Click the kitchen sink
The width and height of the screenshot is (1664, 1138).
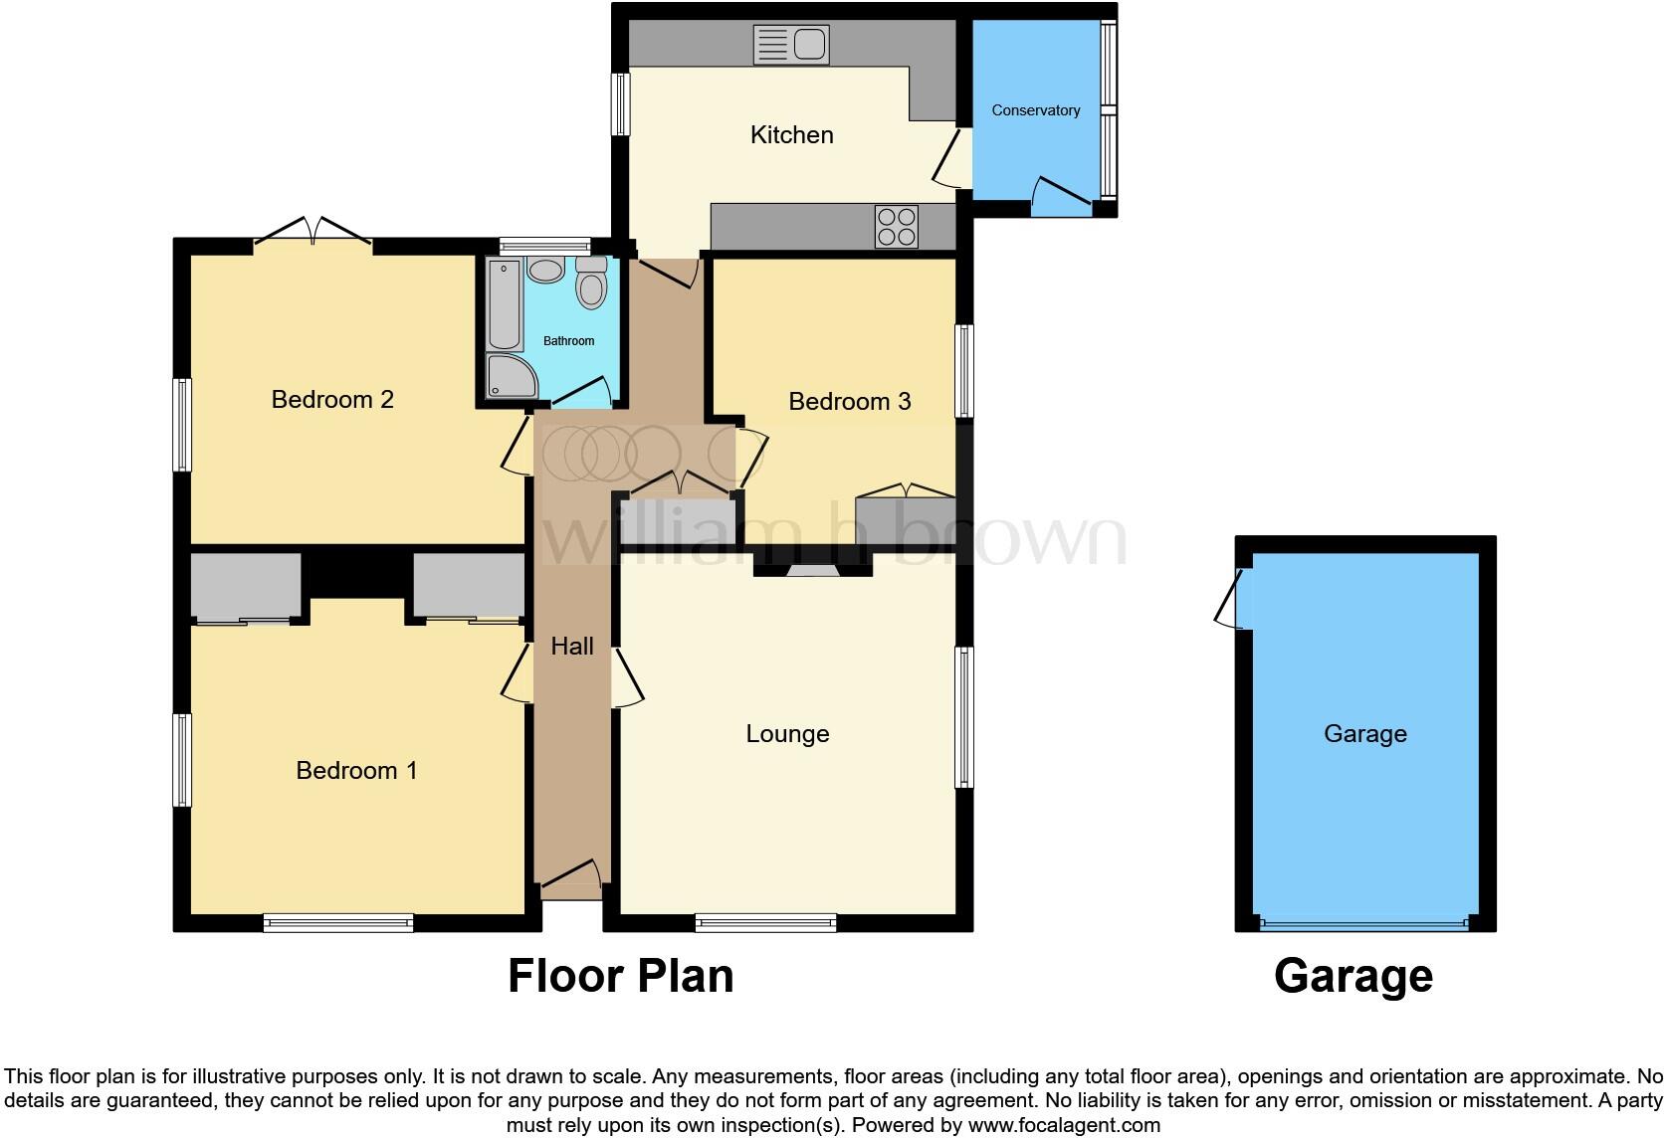[791, 45]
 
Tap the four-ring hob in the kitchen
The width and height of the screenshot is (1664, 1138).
[896, 226]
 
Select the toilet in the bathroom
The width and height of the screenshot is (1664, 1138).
[591, 283]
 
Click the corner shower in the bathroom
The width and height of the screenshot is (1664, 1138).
[510, 377]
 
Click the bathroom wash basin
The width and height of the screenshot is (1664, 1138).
[545, 270]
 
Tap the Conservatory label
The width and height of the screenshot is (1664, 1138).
[1035, 110]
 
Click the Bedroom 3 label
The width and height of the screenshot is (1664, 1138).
[849, 401]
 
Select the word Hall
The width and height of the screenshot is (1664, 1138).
[572, 647]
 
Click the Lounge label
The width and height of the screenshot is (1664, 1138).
[787, 734]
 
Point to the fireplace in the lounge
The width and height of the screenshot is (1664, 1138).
[813, 570]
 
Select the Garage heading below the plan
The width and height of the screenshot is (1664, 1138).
[1352, 976]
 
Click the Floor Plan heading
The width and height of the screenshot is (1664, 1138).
[621, 976]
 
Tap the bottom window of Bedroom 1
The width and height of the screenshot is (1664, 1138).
[338, 922]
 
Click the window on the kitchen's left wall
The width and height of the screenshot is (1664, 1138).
[621, 103]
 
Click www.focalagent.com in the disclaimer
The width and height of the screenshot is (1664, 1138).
[1064, 1126]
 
